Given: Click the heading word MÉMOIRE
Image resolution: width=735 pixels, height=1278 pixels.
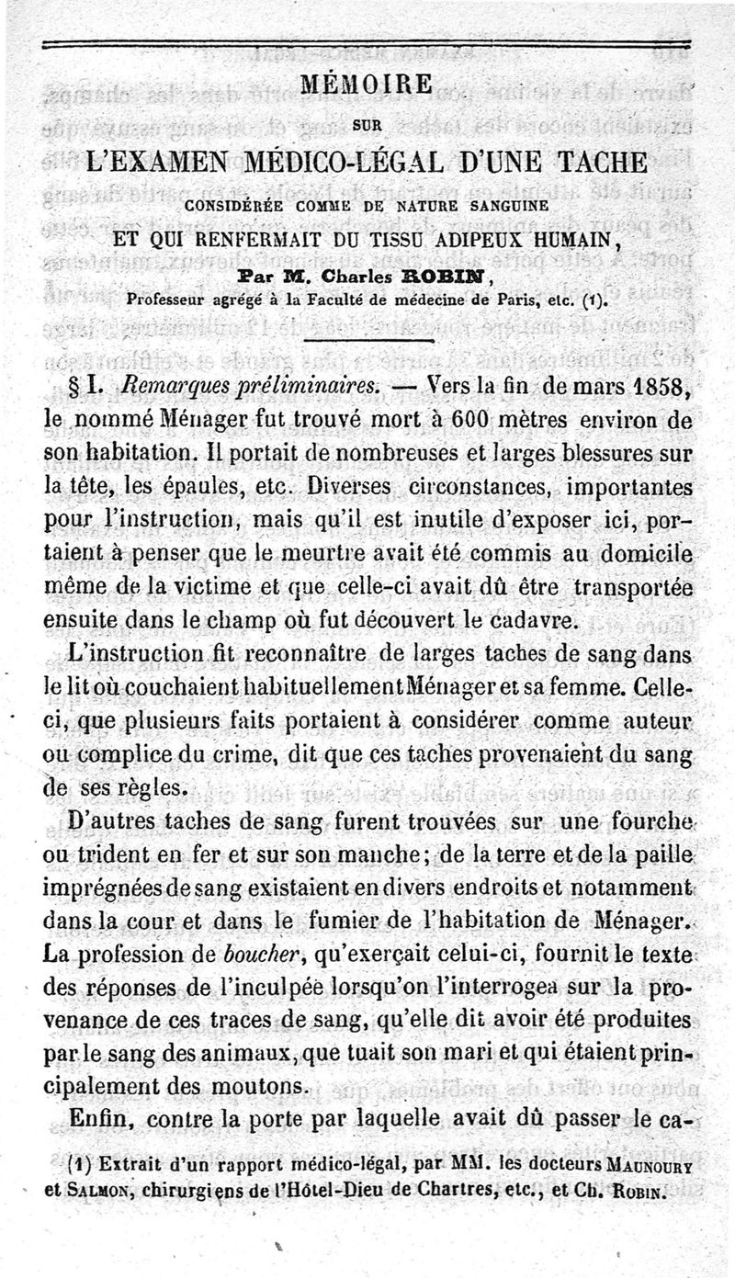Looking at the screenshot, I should [x=367, y=85].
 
